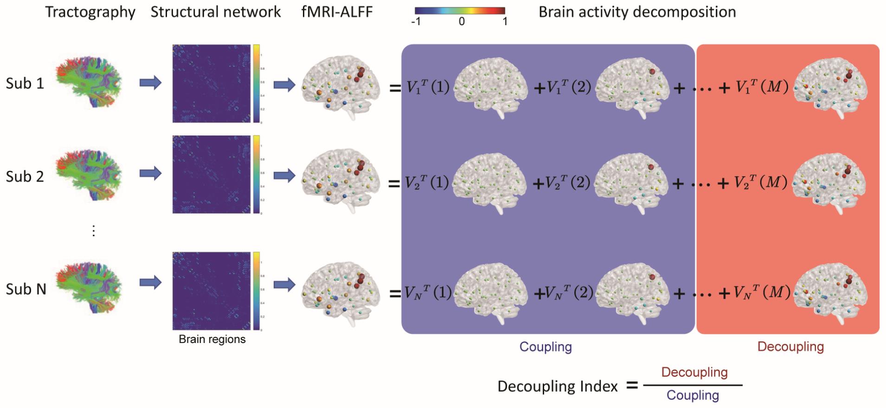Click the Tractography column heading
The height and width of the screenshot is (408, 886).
point(90,12)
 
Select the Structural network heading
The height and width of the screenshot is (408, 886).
point(216,12)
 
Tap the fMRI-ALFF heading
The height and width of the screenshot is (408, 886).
point(337,12)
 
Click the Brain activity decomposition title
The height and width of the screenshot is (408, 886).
point(637,12)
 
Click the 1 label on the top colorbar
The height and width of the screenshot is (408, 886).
point(505,21)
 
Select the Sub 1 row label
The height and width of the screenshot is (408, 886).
point(25,84)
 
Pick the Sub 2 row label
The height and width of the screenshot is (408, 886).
point(25,177)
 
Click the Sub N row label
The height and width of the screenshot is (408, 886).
point(26,289)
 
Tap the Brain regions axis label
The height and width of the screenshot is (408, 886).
point(212,339)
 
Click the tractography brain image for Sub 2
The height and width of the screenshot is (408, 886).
point(89,175)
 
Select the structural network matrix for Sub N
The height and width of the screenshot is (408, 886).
point(212,291)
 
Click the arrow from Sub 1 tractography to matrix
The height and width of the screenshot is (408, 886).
point(150,83)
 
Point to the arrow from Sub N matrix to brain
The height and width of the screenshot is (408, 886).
point(284,285)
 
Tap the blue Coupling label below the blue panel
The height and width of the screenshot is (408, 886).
point(546,347)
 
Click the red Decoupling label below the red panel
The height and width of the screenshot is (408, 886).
point(790,347)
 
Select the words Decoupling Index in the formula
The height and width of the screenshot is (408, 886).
point(558,386)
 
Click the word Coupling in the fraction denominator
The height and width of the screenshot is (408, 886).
point(693,395)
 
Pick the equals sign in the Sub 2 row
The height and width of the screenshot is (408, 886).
point(394,184)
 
